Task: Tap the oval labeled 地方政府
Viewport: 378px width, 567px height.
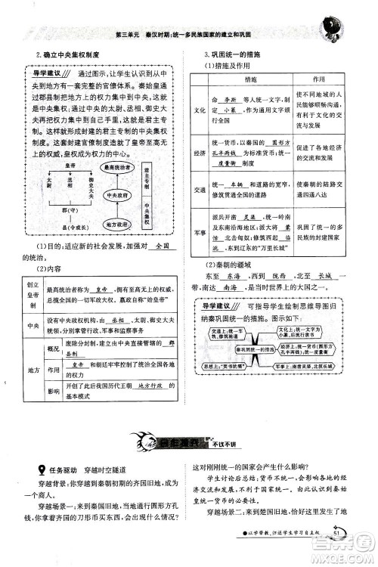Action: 119,224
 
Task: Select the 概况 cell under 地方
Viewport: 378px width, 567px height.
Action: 53,342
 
